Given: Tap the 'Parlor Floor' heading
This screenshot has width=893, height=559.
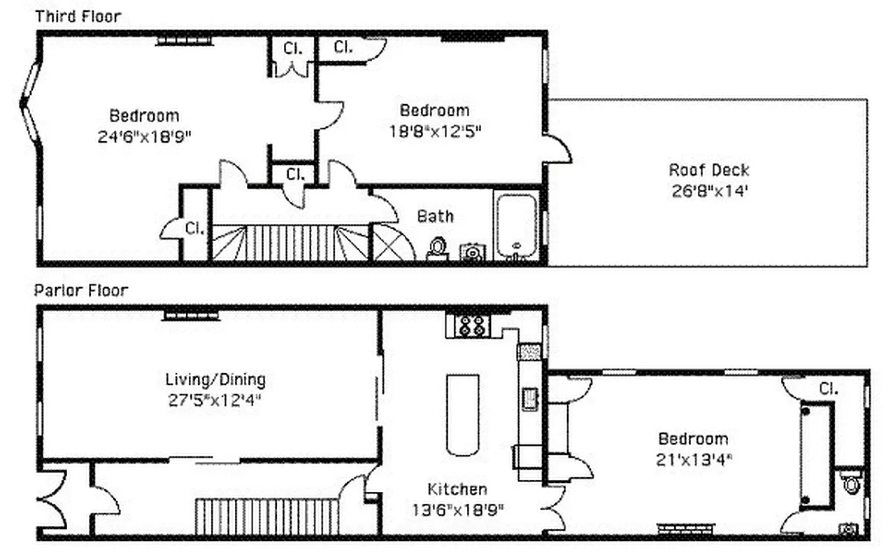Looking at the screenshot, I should [x=81, y=290].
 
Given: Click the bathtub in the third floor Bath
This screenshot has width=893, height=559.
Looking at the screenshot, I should [x=517, y=224].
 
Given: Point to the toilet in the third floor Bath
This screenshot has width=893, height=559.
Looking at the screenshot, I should [x=438, y=247].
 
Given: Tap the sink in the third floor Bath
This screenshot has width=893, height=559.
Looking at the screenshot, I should [x=473, y=252].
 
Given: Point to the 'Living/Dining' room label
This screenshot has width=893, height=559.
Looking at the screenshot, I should [x=215, y=380].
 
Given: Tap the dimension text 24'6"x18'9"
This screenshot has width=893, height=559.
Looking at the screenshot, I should [x=145, y=136].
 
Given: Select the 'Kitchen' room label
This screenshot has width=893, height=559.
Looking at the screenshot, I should [x=457, y=489].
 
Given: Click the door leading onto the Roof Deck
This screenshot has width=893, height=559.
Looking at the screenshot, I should [x=558, y=149].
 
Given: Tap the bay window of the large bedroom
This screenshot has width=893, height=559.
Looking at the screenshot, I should [x=30, y=104].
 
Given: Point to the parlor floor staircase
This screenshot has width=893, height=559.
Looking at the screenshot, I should [x=266, y=516].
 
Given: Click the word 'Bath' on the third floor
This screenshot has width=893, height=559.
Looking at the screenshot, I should [x=435, y=217].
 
